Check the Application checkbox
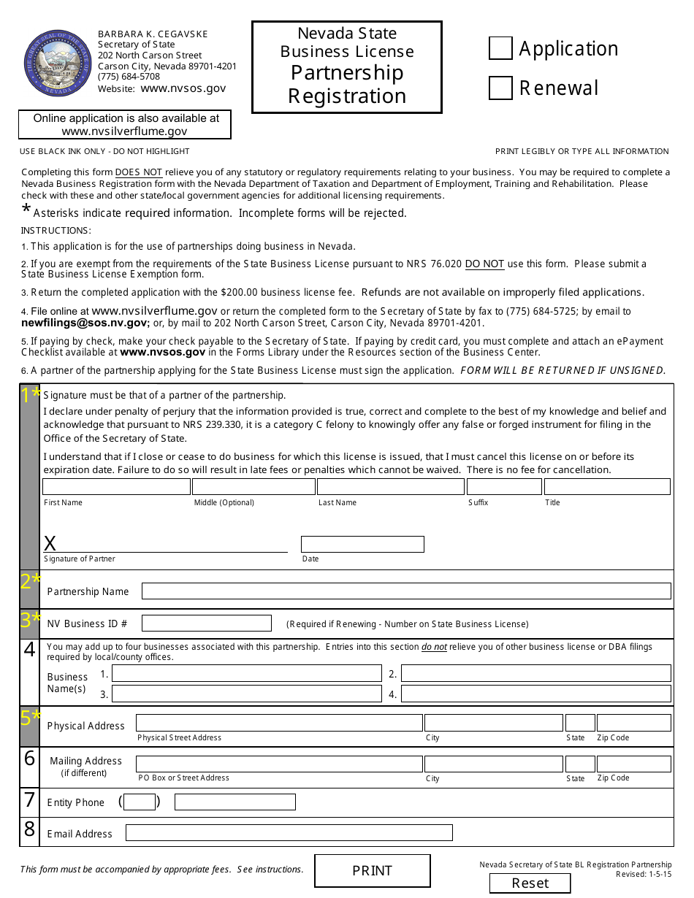pos(500,49)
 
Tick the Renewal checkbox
pos(500,88)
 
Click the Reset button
pos(530,883)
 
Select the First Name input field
pos(116,487)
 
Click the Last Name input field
pos(390,487)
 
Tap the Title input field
pos(606,487)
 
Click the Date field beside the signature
pos(362,545)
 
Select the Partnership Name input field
pos(406,591)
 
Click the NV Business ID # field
pos(207,623)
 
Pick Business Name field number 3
pos(246,694)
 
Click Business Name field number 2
pos(535,673)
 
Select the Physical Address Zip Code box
pos(633,723)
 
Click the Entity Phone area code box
pos(140,802)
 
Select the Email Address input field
pos(289,833)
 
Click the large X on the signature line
pos(50,543)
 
